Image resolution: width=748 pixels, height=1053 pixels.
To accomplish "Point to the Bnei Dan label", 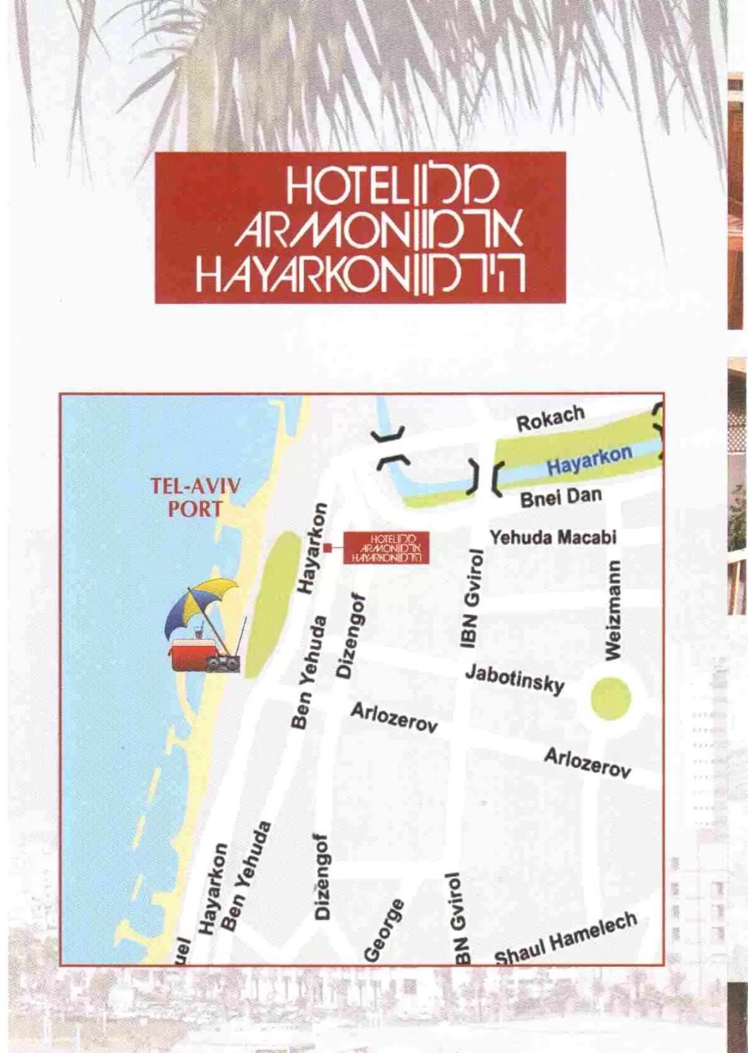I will click(x=560, y=497).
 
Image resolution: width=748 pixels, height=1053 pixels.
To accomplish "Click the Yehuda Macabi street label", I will click(x=553, y=537).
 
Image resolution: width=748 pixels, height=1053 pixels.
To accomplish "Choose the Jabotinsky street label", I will click(x=514, y=678).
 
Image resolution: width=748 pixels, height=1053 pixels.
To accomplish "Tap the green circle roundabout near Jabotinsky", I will click(x=611, y=697).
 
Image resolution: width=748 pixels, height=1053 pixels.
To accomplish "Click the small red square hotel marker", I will click(x=327, y=548).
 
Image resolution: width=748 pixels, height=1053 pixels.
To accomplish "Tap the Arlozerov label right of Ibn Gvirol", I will click(x=587, y=762).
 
